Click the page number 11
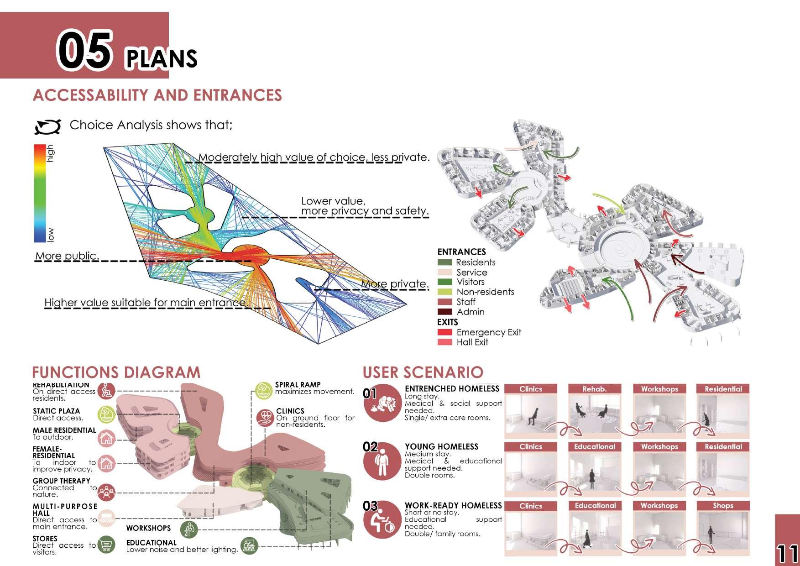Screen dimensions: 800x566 point(787,553)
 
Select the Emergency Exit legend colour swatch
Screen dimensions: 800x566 point(444,332)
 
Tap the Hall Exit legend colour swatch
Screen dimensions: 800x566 point(444,342)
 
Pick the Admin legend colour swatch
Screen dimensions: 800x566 point(444,312)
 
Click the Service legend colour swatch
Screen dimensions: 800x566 point(444,272)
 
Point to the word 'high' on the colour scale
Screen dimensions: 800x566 point(50,153)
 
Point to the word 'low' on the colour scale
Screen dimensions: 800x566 point(50,235)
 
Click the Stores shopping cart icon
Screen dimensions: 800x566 point(106,545)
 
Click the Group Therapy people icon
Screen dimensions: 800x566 point(106,492)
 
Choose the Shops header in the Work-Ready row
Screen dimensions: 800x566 point(723,506)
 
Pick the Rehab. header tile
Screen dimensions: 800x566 point(594,389)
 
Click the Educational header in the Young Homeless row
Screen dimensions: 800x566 point(594,446)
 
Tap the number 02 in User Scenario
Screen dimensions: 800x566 point(370,446)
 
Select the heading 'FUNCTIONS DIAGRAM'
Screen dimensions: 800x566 point(116,372)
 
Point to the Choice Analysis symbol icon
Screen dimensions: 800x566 point(48,126)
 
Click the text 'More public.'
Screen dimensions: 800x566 point(67,256)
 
